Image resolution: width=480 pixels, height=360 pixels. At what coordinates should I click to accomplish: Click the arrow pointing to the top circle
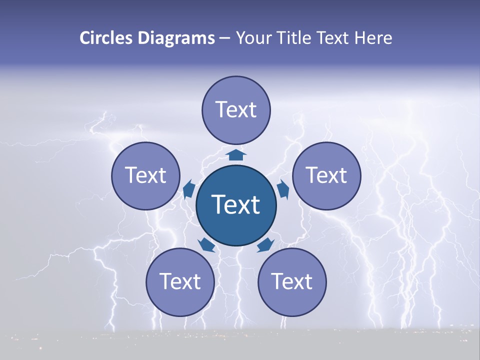pos(236,154)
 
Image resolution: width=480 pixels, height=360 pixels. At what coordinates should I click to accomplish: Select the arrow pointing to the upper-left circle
pos(189,189)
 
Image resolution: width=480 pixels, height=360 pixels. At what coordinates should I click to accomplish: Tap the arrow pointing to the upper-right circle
pos(283,189)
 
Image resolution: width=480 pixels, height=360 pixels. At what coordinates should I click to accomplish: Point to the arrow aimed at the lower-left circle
pos(206,245)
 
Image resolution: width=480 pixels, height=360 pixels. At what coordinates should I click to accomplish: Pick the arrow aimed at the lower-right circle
pos(265,245)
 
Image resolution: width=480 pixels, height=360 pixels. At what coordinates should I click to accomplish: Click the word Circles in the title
pos(106,38)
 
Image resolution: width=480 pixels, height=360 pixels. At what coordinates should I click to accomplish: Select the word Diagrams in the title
pos(176,38)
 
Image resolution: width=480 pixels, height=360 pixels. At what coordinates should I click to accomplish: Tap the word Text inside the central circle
pos(236,204)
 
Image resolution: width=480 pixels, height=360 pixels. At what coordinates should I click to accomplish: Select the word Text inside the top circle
pos(236,109)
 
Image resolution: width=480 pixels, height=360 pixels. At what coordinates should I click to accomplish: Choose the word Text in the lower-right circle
pos(292,282)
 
